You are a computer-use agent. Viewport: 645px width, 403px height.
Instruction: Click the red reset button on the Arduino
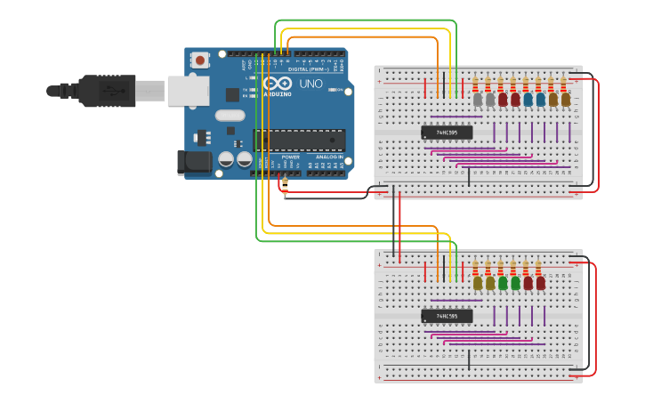coord(200,60)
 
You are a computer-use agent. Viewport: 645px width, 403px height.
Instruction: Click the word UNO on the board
coord(310,84)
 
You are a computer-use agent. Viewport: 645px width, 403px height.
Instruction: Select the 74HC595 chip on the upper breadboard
coord(447,133)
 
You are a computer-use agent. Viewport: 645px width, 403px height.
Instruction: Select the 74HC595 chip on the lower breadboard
coord(447,316)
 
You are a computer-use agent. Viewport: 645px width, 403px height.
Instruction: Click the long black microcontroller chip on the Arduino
coord(299,140)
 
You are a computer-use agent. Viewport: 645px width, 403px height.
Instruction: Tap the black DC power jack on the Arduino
coord(194,161)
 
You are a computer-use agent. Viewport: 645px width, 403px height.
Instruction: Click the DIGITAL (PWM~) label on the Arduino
coord(307,69)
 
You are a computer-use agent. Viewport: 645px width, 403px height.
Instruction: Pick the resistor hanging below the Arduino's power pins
coord(284,186)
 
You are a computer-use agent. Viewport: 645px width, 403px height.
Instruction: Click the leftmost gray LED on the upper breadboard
coord(478,100)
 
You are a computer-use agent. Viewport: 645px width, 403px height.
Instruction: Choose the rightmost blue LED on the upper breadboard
coord(541,100)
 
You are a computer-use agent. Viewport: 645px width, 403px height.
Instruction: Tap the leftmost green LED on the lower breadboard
coord(503,283)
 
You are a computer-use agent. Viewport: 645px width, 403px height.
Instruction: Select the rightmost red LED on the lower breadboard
coord(541,283)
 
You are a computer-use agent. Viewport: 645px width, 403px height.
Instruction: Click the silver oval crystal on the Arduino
coord(229,115)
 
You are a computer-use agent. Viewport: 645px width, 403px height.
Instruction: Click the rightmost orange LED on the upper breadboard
coord(566,100)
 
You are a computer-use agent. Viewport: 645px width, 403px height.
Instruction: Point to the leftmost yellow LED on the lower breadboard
coord(478,283)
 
